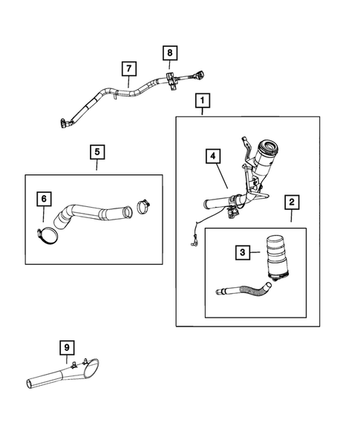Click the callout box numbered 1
pos(203,100)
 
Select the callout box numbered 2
pos(292,202)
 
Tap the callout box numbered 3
pos(242,252)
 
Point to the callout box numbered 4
pos(213,156)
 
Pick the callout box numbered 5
pos(97,152)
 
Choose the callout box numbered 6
pos(44,199)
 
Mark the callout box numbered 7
pos(129,68)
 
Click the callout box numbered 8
pos(170,53)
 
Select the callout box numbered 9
pos(67,347)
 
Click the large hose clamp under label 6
pos(47,237)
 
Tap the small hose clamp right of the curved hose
pos(143,206)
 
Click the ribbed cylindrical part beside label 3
pos(277,256)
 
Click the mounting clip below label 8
pos(171,81)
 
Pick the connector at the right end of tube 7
pos(199,76)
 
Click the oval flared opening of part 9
pos(91,369)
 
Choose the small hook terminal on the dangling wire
pos(194,243)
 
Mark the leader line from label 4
pos(223,176)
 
